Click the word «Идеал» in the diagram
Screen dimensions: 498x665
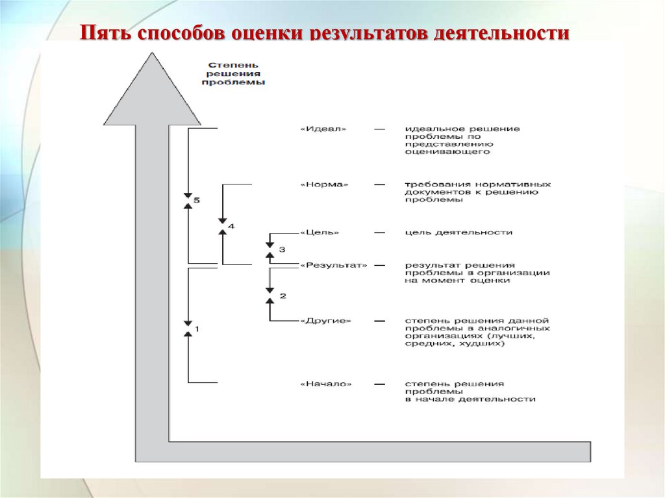coord(323,129)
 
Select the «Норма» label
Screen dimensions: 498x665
coord(324,184)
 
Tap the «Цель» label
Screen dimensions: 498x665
coord(320,232)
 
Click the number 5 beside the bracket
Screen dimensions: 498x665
coord(197,200)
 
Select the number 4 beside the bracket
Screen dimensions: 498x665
coord(231,226)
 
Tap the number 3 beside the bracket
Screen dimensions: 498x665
coord(281,249)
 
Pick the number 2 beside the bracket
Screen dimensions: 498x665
coord(282,295)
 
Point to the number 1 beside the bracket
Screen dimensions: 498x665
coord(197,329)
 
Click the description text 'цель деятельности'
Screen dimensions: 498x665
coord(458,232)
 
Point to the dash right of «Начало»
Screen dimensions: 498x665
coord(379,384)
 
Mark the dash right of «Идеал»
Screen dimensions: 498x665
coord(379,129)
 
